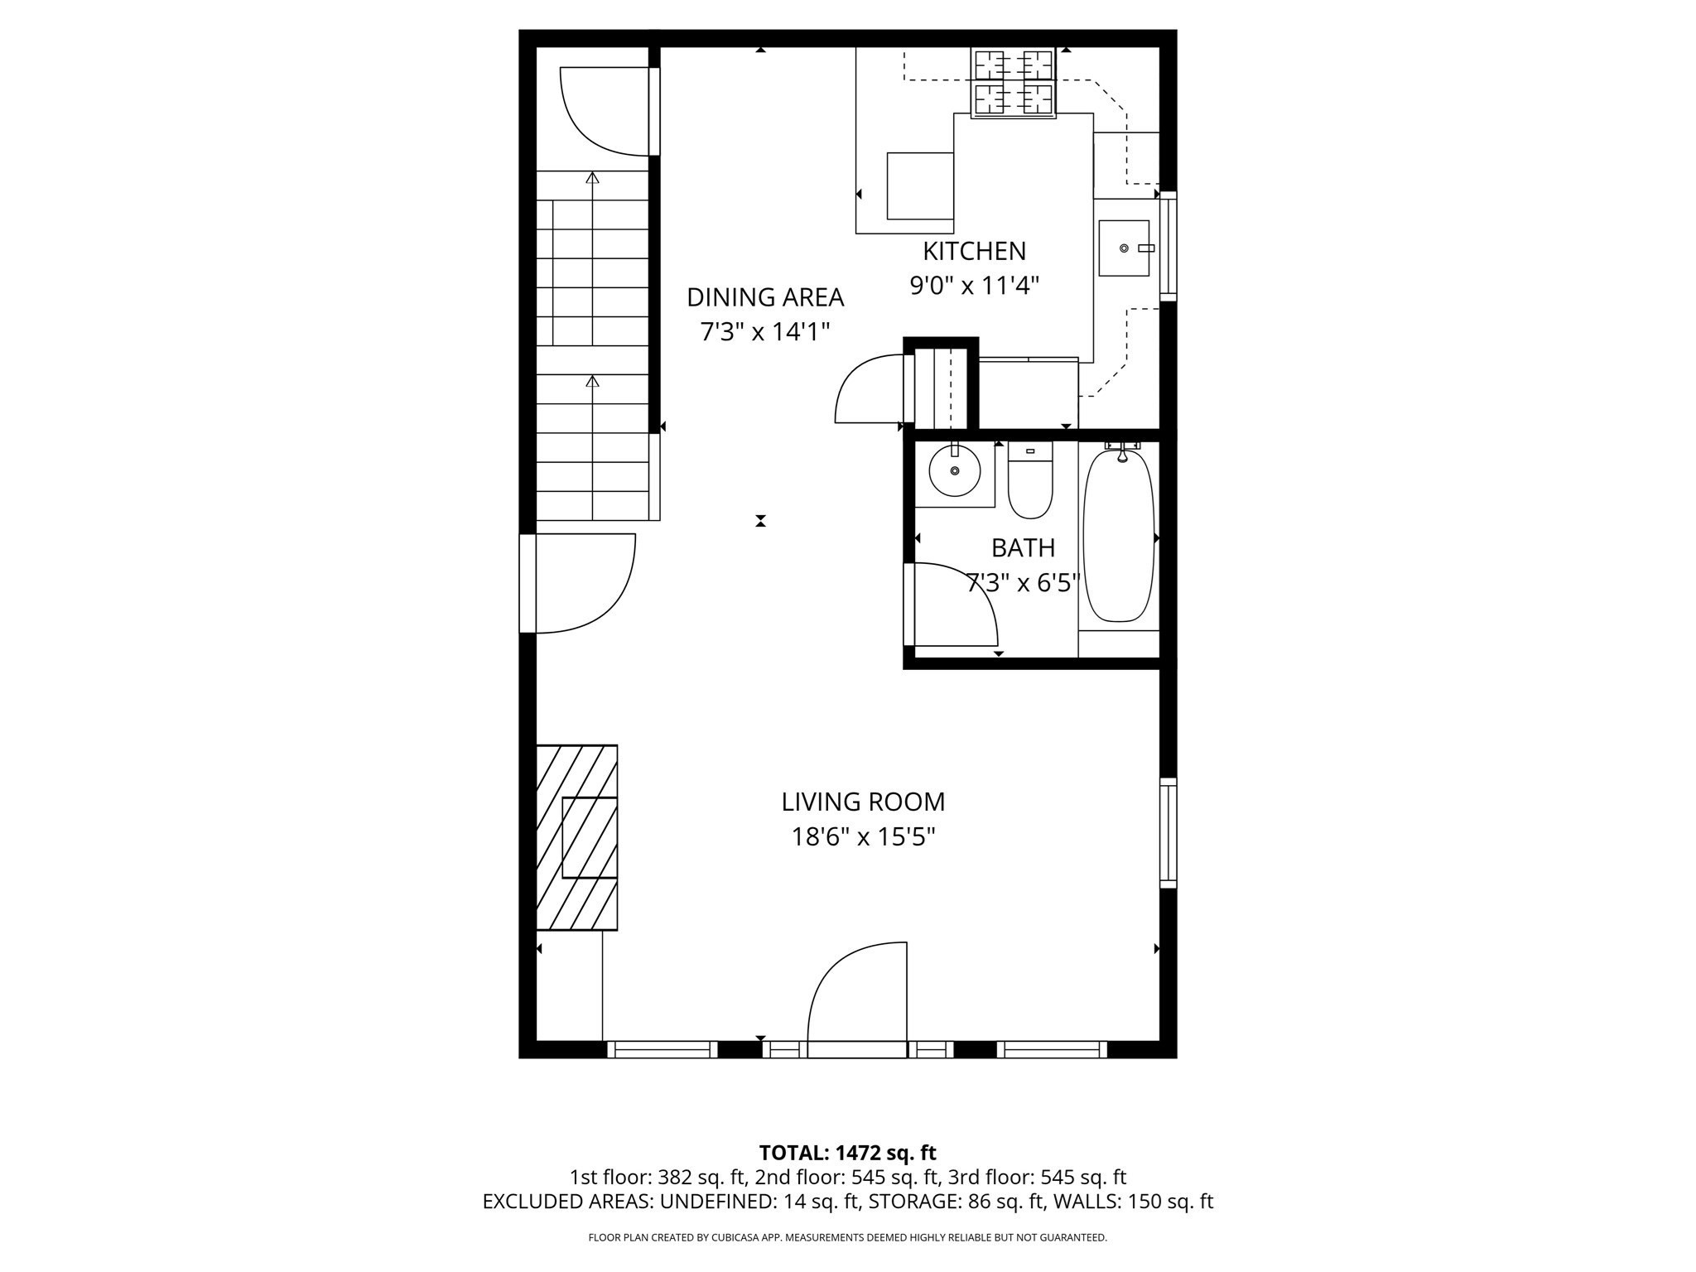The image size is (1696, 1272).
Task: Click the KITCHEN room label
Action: pos(974,251)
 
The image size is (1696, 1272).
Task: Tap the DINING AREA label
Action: pos(765,296)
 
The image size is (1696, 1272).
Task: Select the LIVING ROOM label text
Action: pos(863,802)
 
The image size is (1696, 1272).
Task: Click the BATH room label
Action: pos(1023,548)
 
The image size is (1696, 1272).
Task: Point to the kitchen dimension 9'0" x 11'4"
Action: pos(974,286)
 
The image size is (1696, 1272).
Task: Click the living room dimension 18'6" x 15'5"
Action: pos(863,837)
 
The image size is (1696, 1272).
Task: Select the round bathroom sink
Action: pos(955,471)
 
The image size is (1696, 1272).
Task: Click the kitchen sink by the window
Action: pos(1124,248)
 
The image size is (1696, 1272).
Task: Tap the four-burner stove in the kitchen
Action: pos(1014,83)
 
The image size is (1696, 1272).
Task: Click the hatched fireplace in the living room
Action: pos(576,836)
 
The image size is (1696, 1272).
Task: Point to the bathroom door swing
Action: pos(952,605)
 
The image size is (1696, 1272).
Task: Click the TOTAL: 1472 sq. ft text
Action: pos(847,1153)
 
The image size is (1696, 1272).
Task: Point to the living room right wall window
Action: pos(1168,832)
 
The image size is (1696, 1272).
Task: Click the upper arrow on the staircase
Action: pos(592,177)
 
